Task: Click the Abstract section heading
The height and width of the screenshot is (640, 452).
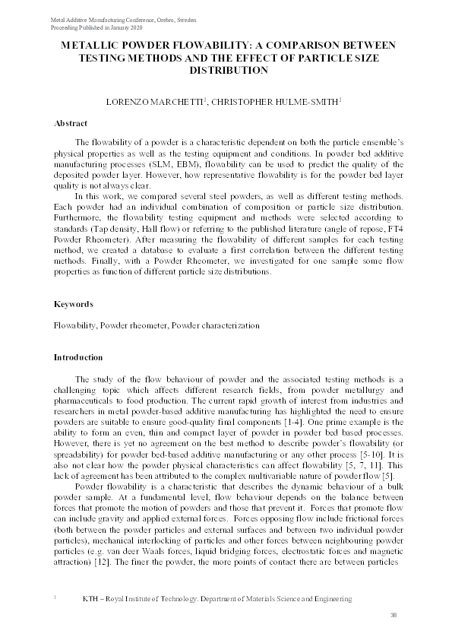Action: tap(71, 123)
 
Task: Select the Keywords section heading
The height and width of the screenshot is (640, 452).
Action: tap(73, 304)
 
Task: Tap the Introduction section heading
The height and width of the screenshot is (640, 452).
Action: tap(77, 356)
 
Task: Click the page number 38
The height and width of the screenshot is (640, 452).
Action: tap(394, 614)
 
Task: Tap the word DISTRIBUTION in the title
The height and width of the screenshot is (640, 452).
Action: tap(226, 70)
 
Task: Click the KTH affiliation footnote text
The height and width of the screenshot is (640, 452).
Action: tap(217, 599)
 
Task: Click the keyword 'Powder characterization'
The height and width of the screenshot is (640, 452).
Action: tap(215, 326)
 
